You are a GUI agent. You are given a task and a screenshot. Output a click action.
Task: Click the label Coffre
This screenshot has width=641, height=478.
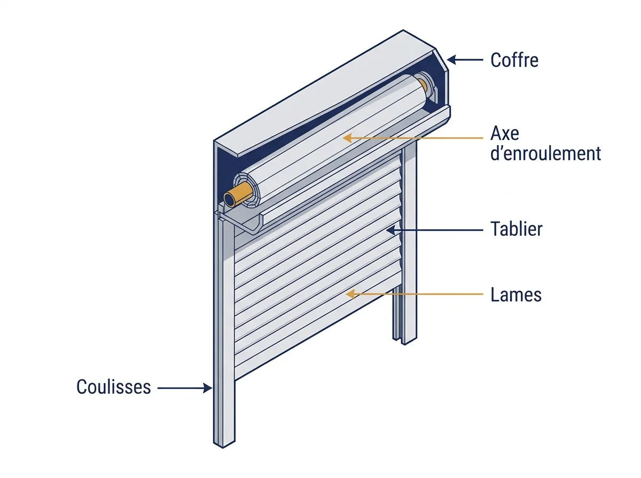[514, 60]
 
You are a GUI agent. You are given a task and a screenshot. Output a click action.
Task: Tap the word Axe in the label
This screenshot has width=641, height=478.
[505, 133]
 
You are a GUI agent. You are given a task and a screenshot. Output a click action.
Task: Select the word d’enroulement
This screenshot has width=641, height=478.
[545, 154]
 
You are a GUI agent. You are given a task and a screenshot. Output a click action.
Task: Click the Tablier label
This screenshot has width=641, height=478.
[516, 229]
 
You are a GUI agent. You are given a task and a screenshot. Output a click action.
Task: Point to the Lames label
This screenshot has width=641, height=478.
[515, 294]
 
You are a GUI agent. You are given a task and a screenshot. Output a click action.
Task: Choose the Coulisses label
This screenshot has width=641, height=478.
[114, 387]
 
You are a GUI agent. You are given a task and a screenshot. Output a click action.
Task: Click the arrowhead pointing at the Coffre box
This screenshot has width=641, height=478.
[451, 60]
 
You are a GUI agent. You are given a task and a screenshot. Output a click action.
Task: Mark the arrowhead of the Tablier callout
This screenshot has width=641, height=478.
[390, 230]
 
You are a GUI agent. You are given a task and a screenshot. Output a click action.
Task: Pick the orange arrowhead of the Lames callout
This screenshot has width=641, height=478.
[350, 294]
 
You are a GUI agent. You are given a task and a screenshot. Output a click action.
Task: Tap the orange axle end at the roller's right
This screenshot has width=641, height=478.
[423, 84]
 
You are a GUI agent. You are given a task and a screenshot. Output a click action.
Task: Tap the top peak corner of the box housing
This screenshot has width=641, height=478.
[403, 30]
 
